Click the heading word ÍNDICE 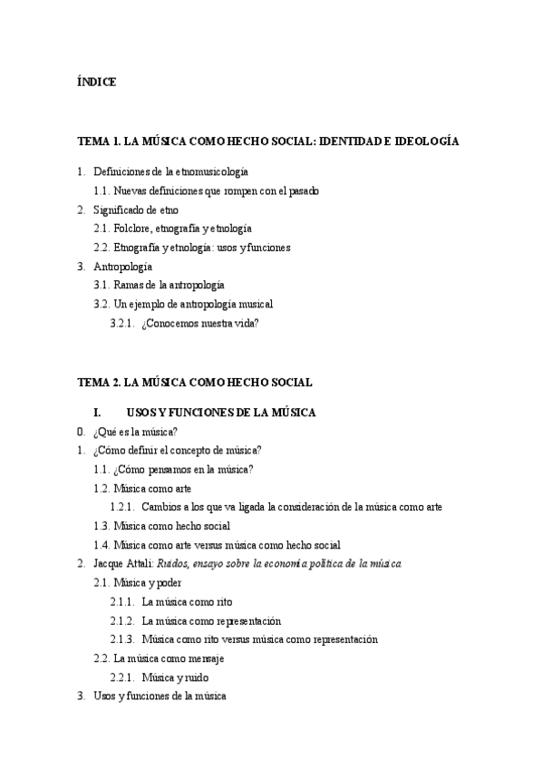(x=96, y=83)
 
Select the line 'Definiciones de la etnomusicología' (x=170, y=171)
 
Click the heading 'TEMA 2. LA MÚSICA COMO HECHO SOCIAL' (x=194, y=383)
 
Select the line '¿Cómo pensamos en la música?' (x=183, y=469)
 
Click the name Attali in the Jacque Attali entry (x=138, y=564)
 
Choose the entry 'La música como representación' (x=211, y=621)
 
